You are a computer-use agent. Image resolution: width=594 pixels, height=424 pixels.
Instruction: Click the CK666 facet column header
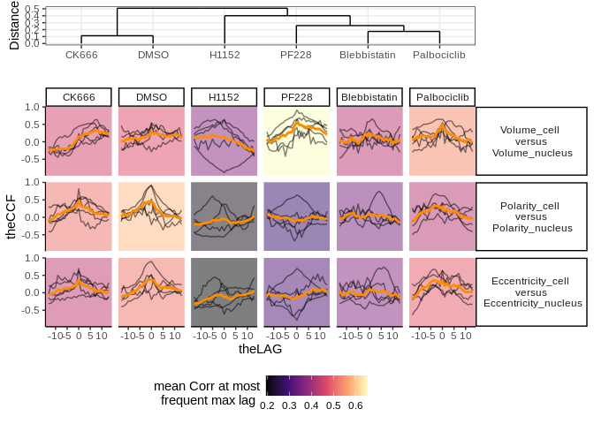pyautogui.click(x=79, y=96)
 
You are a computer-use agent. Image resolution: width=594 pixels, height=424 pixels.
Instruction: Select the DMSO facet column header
pyautogui.click(x=151, y=96)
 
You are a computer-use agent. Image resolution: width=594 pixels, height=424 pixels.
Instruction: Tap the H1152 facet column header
pyautogui.click(x=224, y=96)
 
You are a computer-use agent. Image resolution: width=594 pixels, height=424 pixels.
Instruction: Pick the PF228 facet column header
pyautogui.click(x=296, y=96)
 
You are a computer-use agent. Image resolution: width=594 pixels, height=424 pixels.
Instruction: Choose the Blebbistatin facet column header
pyautogui.click(x=369, y=96)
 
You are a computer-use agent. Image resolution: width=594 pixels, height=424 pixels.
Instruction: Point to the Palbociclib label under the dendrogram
pyautogui.click(x=439, y=55)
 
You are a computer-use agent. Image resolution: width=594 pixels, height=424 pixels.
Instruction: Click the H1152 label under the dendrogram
pyautogui.click(x=225, y=55)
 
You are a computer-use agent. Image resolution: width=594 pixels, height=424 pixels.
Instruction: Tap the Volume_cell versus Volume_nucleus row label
pyautogui.click(x=530, y=141)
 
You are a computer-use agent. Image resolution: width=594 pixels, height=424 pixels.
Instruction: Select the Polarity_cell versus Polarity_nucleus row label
pyautogui.click(x=530, y=216)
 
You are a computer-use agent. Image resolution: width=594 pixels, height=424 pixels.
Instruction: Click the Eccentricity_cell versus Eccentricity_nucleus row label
pyautogui.click(x=530, y=292)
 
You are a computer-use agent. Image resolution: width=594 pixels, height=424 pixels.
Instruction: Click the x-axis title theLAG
pyautogui.click(x=260, y=350)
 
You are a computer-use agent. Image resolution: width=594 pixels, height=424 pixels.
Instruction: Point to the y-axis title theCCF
pyautogui.click(x=12, y=216)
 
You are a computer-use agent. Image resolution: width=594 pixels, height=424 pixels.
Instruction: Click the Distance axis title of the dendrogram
pyautogui.click(x=14, y=26)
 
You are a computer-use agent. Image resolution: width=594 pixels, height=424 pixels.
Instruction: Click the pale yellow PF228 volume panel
pyautogui.click(x=296, y=141)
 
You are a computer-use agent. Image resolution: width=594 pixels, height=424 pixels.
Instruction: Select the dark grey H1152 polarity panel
pyautogui.click(x=224, y=216)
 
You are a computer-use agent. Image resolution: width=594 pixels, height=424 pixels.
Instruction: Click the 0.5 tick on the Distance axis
pyautogui.click(x=32, y=9)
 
